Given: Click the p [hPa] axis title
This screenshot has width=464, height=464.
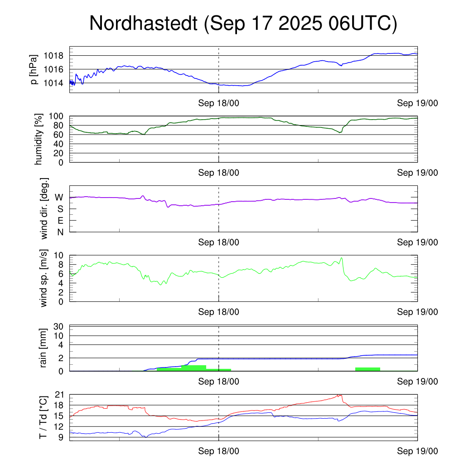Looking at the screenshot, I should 34,69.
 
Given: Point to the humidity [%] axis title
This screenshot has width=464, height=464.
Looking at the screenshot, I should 39,140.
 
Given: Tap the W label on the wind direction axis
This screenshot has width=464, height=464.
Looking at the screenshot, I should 59,197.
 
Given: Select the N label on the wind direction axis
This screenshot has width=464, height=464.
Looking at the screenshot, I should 60,232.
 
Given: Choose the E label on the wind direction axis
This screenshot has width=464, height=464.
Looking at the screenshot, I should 60,221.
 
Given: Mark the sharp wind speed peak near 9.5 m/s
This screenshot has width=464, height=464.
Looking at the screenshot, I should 341,258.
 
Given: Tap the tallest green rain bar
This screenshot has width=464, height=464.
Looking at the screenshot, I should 193,367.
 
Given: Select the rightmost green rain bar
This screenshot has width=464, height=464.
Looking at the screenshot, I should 367,369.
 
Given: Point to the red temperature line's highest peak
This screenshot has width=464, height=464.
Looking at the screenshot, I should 340,395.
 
